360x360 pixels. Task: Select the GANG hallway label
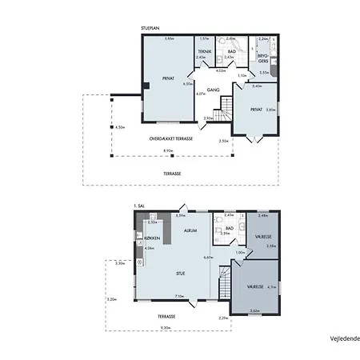pos(214,90)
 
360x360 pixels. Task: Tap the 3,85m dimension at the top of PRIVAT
pos(168,38)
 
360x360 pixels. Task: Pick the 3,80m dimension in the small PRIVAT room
pos(270,110)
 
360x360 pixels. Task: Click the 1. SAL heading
pos(142,206)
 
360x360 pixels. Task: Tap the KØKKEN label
pos(153,238)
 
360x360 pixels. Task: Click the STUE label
pos(182,272)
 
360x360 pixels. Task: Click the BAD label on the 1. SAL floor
pos(229,228)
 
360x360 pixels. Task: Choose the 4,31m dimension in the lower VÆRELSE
pos(271,286)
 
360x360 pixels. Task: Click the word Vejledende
pos(342,338)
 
